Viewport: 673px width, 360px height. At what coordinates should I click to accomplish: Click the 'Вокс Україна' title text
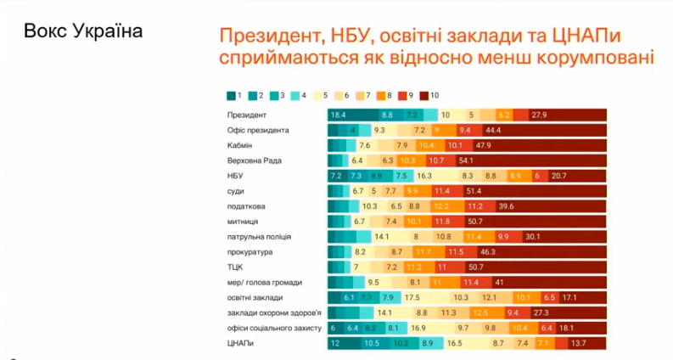coord(83,31)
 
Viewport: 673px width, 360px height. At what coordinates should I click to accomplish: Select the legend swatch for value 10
coord(423,95)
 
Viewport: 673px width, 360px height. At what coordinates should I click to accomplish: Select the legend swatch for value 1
coord(232,95)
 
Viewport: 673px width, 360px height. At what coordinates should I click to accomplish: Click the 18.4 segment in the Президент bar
coord(339,115)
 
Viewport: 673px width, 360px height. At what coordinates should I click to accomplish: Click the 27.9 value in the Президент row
coord(540,115)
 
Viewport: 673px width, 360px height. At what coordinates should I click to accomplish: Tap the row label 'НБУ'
coord(237,176)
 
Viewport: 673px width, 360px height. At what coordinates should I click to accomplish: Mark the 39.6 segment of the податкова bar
coord(508,206)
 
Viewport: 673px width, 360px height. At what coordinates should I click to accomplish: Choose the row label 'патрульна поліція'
coord(259,237)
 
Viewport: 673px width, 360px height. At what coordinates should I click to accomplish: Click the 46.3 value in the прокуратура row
coord(489,252)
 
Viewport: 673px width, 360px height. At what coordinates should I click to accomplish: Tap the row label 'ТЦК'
coord(236,267)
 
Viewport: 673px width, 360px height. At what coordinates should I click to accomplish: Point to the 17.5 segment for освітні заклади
coord(413,298)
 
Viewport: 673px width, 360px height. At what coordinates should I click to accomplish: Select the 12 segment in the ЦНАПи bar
coord(335,343)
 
